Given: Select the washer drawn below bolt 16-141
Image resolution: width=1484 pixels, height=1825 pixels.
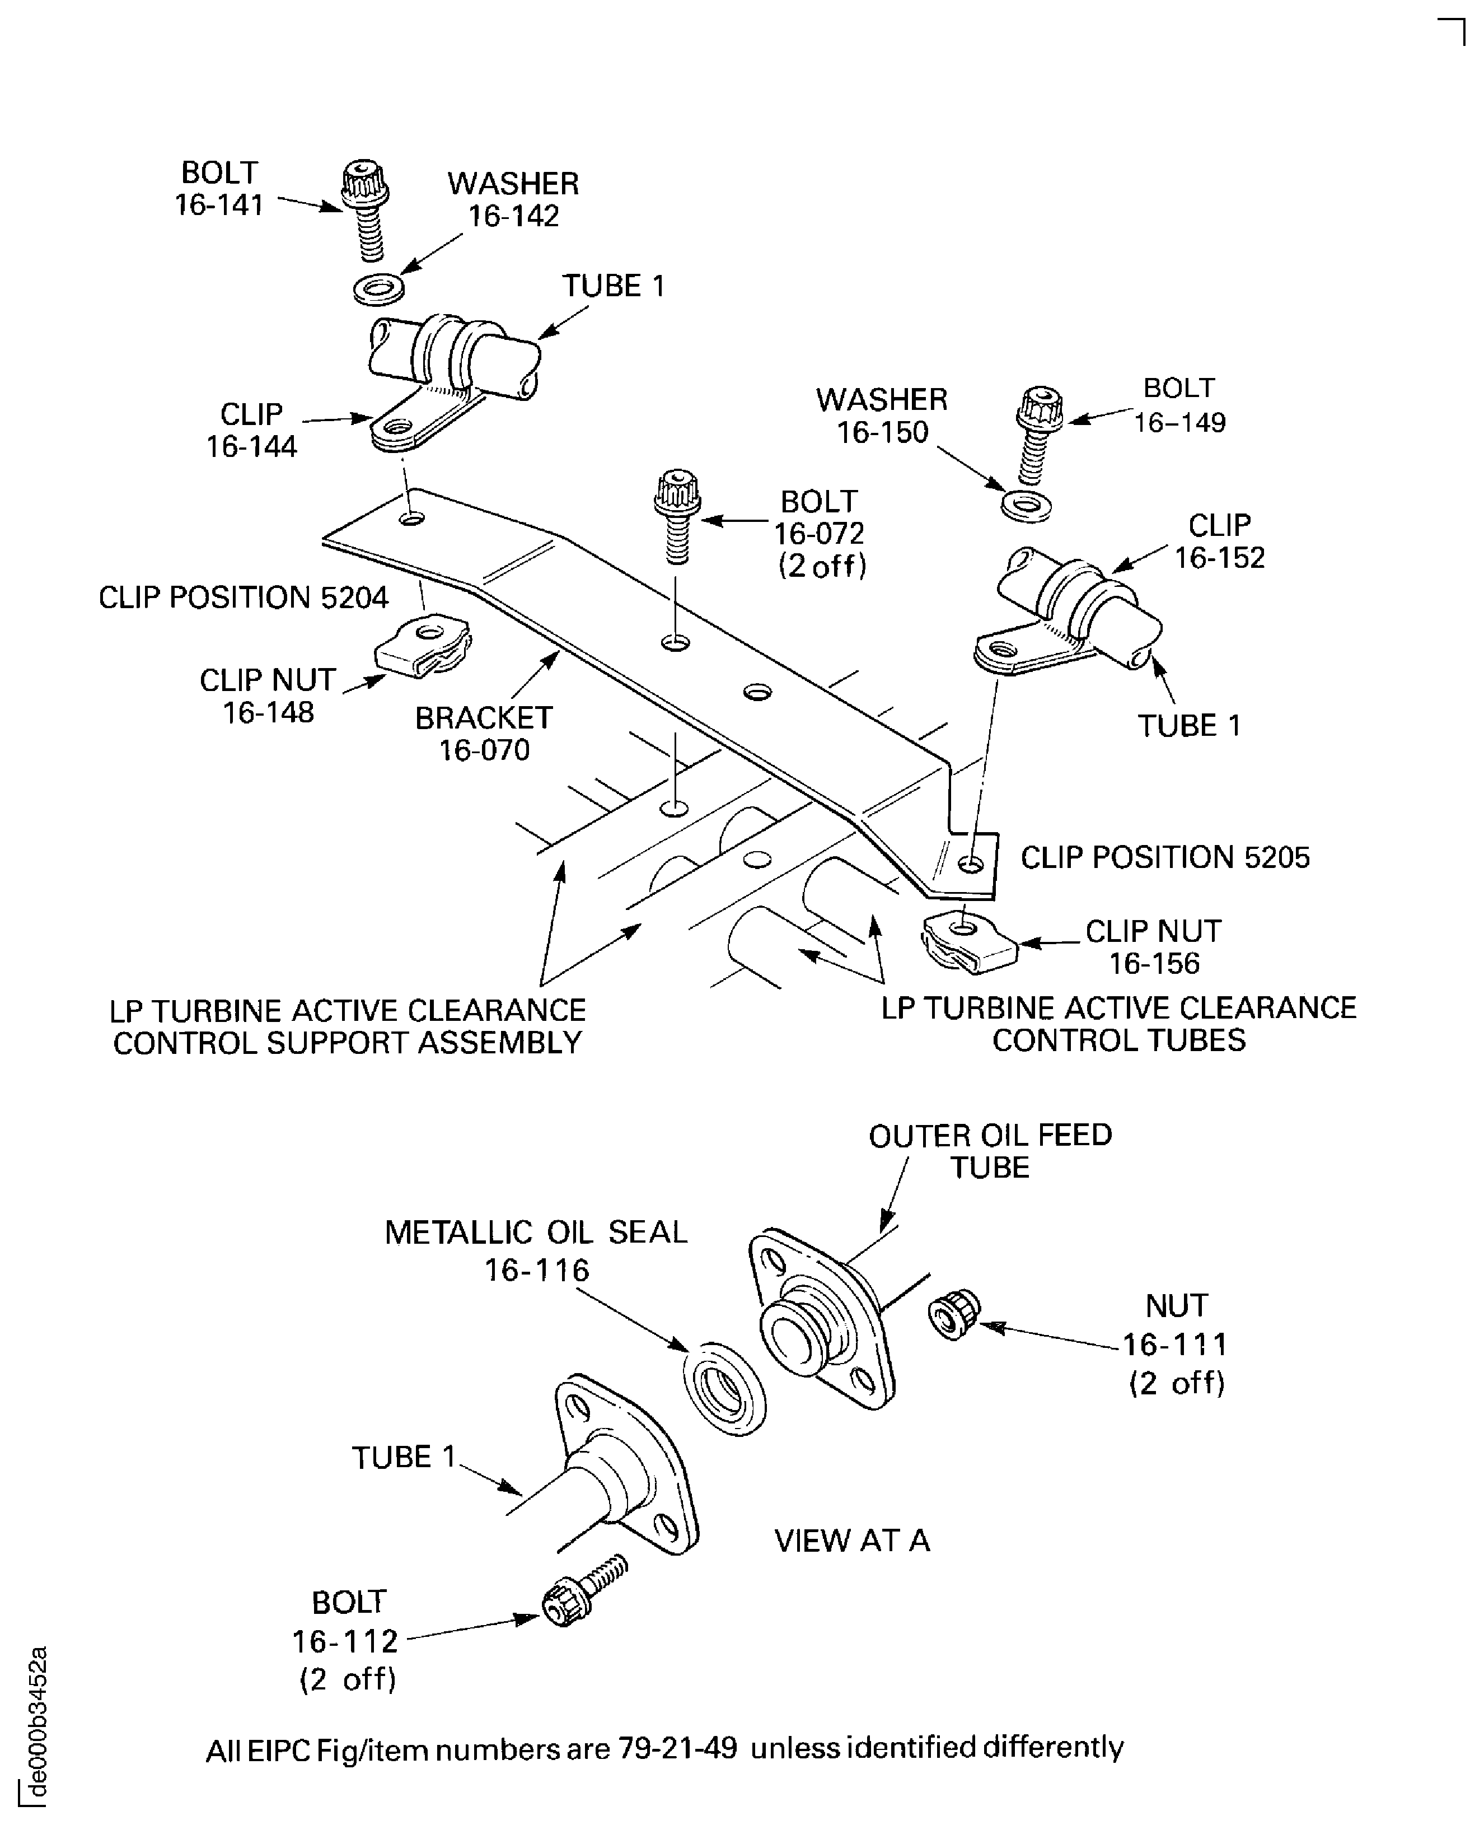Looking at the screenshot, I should (378, 289).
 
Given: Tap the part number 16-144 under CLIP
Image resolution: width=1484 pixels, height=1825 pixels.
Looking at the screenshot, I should (251, 446).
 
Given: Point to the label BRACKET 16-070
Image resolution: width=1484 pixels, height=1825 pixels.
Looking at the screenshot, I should (484, 734).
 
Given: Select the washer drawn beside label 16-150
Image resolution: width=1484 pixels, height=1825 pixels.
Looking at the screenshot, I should (1026, 506).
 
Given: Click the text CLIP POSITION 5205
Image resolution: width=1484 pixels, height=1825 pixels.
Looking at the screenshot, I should (1164, 857).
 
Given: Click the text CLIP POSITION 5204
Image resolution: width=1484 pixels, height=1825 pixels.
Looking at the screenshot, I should (244, 597).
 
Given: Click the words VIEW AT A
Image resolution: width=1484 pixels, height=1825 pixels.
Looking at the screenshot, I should (851, 1540).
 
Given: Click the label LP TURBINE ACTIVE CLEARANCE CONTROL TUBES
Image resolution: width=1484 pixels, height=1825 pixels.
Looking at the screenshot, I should (1118, 1024).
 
